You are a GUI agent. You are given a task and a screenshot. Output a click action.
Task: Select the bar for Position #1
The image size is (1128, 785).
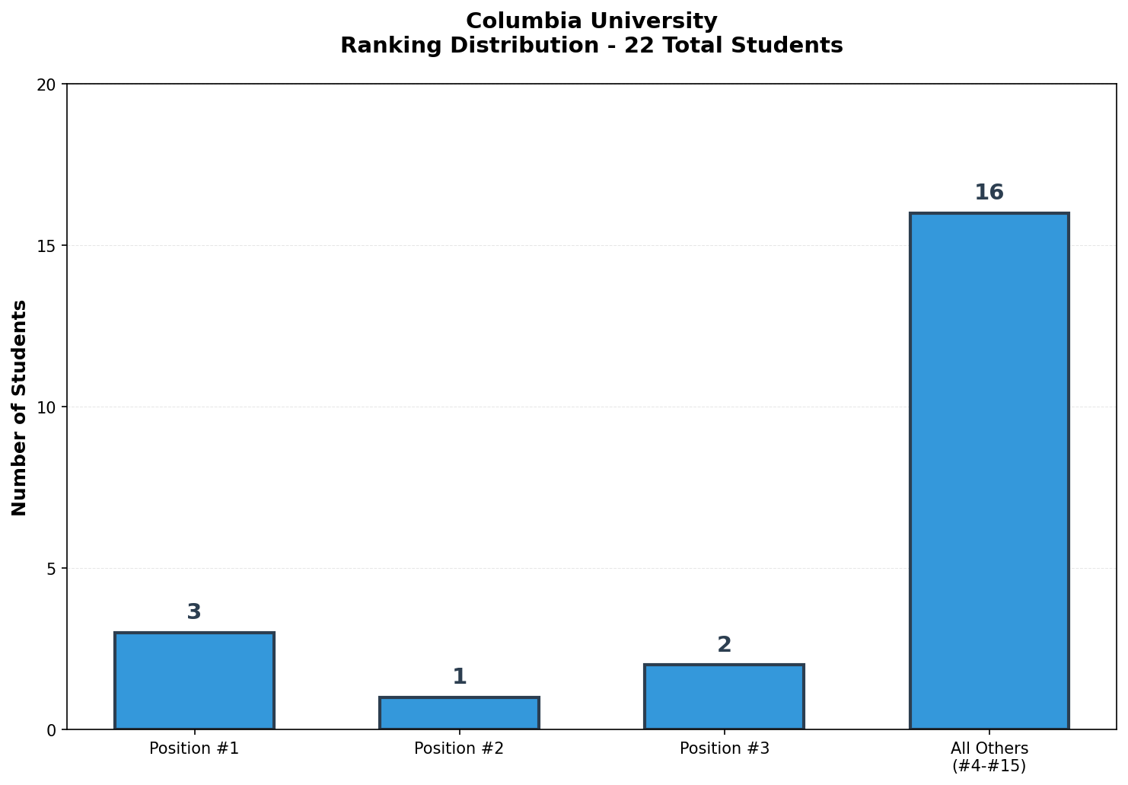(194, 681)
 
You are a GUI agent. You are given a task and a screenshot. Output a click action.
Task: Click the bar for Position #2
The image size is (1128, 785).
(459, 713)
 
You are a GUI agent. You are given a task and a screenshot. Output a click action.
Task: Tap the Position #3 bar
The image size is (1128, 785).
(724, 697)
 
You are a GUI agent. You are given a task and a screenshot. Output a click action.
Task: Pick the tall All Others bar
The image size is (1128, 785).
(989, 471)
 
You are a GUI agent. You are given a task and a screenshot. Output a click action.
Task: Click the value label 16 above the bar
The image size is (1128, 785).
(989, 193)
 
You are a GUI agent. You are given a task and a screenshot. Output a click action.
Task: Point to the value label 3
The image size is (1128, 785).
(194, 612)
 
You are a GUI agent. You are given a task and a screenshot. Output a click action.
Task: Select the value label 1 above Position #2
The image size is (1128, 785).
(459, 677)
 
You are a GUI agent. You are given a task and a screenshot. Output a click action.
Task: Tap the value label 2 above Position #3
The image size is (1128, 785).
(724, 645)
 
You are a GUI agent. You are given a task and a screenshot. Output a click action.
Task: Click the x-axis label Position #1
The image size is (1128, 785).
(194, 748)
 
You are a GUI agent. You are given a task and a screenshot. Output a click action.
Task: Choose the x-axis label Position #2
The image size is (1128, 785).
(459, 748)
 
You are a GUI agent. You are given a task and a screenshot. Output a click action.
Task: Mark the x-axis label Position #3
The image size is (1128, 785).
(724, 748)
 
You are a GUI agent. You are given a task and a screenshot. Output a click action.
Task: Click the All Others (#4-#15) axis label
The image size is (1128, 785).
(989, 757)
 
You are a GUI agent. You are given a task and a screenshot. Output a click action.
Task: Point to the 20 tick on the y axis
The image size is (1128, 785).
(46, 85)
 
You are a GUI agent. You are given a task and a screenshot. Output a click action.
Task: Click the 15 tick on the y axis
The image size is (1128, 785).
(46, 246)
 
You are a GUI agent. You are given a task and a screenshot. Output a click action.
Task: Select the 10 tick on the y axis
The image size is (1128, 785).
(46, 407)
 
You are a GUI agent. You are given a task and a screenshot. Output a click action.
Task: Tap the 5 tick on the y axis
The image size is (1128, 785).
(51, 569)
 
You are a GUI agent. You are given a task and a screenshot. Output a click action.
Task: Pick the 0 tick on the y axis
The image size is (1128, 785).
(51, 730)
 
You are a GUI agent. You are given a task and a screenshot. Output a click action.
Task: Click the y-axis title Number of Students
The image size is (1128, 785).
(20, 407)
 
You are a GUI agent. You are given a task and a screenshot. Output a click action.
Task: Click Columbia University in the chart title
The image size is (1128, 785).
(591, 21)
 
